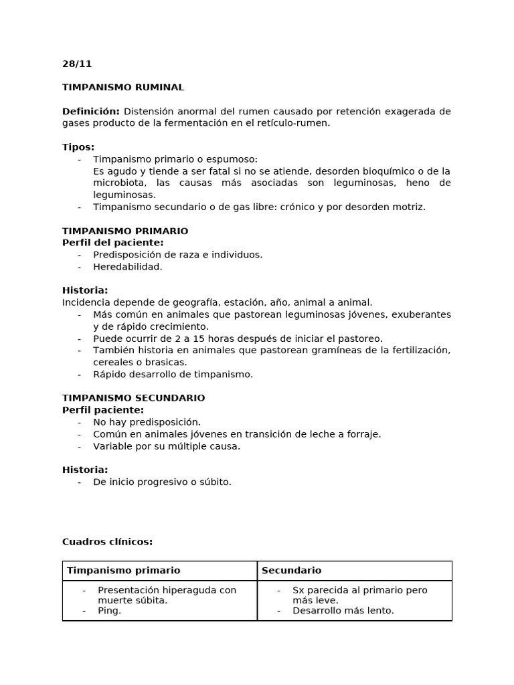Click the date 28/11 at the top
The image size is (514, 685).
click(x=77, y=64)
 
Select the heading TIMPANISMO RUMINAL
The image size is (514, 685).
click(x=123, y=88)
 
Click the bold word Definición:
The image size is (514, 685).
click(x=90, y=111)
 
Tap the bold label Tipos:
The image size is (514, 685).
click(x=78, y=147)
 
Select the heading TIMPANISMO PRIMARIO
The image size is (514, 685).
click(x=125, y=231)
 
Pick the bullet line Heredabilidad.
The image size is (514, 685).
click(x=128, y=267)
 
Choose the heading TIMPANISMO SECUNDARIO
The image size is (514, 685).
click(x=133, y=398)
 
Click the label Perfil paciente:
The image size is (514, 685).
click(x=103, y=410)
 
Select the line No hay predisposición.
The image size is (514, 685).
click(x=147, y=422)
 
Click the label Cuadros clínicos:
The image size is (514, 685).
click(x=107, y=542)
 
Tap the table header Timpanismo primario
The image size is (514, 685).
click(x=123, y=571)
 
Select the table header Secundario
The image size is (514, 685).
click(x=291, y=571)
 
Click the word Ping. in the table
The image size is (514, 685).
click(x=109, y=611)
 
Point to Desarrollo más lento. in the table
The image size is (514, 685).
click(x=343, y=611)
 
